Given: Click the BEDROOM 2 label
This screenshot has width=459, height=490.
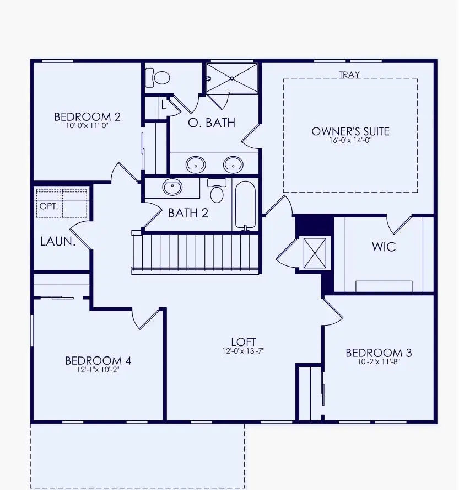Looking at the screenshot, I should pyautogui.click(x=87, y=117).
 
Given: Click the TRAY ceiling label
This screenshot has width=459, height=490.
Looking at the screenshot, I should pyautogui.click(x=349, y=74).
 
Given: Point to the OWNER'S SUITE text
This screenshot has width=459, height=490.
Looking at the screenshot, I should pyautogui.click(x=350, y=131).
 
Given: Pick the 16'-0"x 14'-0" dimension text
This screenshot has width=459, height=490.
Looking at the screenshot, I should pyautogui.click(x=350, y=140).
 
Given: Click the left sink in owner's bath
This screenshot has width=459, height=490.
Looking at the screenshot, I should pyautogui.click(x=195, y=164).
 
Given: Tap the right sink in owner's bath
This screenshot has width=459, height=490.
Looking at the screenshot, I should pyautogui.click(x=233, y=164).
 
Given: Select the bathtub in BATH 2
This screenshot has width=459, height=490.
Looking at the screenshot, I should pyautogui.click(x=245, y=205).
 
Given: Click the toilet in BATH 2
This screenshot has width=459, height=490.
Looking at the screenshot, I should pyautogui.click(x=217, y=191).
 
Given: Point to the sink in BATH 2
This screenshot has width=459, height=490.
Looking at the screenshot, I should pyautogui.click(x=172, y=187).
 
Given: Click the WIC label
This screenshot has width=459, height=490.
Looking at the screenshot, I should pyautogui.click(x=384, y=247).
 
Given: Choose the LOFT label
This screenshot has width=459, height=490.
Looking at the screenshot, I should pyautogui.click(x=243, y=342).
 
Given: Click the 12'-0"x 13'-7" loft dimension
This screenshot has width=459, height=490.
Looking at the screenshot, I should pyautogui.click(x=243, y=351).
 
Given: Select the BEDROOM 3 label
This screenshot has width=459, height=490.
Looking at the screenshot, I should pyautogui.click(x=379, y=353).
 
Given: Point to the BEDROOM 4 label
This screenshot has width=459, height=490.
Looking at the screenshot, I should pyautogui.click(x=98, y=361).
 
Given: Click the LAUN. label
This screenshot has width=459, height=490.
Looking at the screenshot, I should pyautogui.click(x=57, y=241).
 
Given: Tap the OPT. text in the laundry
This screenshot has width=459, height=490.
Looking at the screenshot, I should pyautogui.click(x=48, y=206).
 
